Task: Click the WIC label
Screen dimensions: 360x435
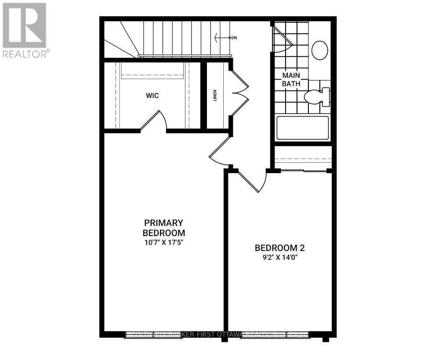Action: point(153,95)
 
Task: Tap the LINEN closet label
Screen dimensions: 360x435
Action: point(215,95)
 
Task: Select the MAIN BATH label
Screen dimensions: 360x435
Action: point(291,79)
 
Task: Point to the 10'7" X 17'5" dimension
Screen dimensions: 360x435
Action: point(163,241)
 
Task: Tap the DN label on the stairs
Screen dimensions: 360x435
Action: point(234,38)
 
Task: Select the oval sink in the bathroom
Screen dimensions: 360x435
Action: point(319,50)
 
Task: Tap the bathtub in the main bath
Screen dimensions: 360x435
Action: point(302,128)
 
